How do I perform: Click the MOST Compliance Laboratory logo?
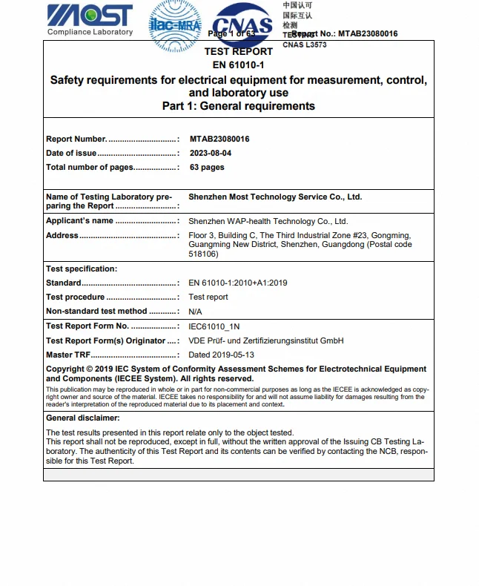90,19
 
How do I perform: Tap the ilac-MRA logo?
175,24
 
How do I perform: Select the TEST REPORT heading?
238,52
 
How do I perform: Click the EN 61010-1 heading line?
238,65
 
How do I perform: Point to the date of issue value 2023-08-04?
211,153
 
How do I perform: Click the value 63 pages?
207,167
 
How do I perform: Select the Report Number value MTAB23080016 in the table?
219,139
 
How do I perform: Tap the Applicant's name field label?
80,221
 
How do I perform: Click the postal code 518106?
204,254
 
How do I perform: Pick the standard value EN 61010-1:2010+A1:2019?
238,283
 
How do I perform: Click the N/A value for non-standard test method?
195,312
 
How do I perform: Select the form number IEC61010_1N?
214,326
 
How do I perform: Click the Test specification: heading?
82,269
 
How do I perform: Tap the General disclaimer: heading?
83,418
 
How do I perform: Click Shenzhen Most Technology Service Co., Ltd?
275,197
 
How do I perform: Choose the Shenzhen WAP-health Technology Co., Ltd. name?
268,221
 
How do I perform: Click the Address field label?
62,235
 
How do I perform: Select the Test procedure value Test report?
208,297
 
